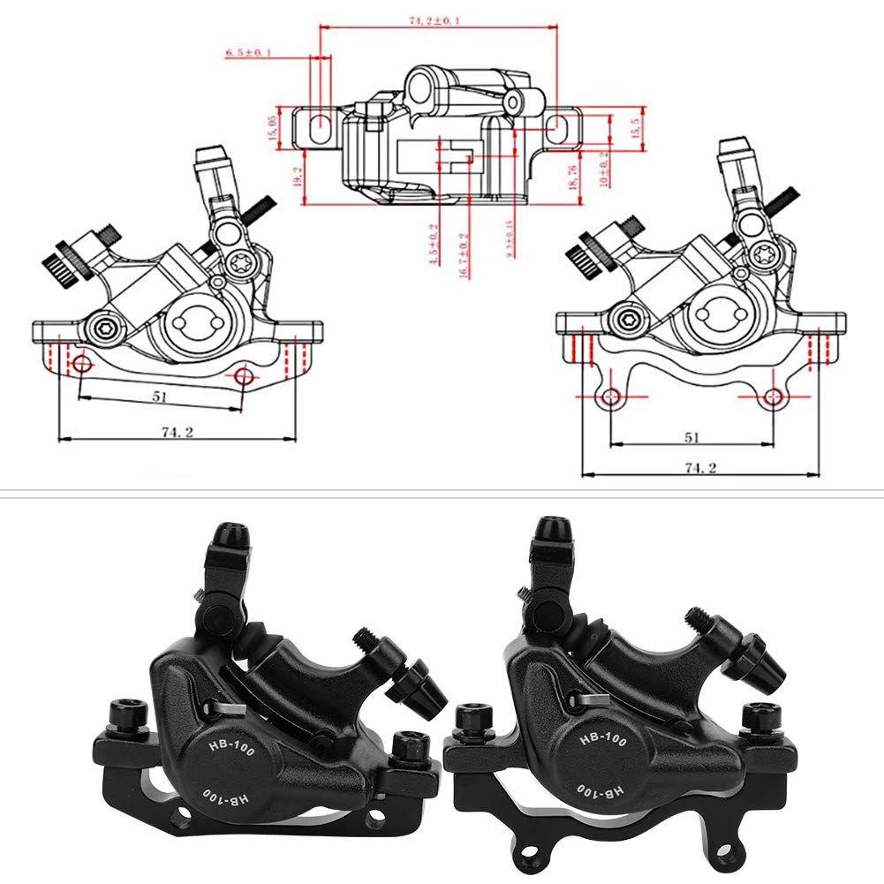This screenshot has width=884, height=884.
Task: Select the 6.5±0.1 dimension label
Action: [x=248, y=54]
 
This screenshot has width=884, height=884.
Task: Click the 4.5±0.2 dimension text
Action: [x=433, y=246]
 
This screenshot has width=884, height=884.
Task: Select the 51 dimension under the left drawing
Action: [x=159, y=397]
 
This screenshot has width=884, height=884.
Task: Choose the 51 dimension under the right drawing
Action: [x=691, y=437]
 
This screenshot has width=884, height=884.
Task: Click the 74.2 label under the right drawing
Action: [x=699, y=467]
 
